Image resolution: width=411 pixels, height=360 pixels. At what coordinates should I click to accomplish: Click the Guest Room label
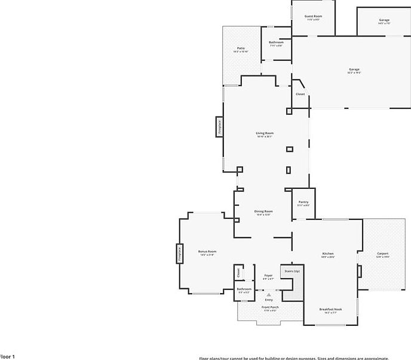click(x=314, y=16)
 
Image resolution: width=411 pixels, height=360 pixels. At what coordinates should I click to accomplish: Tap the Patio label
click(x=241, y=48)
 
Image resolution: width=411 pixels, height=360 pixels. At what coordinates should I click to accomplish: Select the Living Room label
click(x=264, y=133)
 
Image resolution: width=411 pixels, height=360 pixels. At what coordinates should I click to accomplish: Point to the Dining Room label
click(x=263, y=211)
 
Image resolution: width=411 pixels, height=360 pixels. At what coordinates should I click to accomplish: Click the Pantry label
click(x=303, y=202)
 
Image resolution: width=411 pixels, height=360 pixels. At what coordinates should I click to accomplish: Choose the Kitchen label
click(x=328, y=254)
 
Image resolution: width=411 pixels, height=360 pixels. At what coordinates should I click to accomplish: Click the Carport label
click(x=382, y=254)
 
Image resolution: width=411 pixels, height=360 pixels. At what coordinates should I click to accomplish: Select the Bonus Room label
click(x=207, y=252)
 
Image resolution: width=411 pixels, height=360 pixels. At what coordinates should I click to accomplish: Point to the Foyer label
click(x=269, y=276)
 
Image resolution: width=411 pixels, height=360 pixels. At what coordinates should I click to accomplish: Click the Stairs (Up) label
click(x=292, y=271)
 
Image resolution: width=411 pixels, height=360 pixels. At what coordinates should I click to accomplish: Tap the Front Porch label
click(x=270, y=307)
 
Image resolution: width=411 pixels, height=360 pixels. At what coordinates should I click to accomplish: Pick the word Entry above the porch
click(x=269, y=300)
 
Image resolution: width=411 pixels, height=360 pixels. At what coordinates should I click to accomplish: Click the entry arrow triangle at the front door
click(x=269, y=295)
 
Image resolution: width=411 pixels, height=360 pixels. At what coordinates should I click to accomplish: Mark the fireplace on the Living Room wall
click(x=219, y=127)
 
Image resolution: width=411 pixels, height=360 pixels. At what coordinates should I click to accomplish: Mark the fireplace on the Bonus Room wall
click(x=179, y=253)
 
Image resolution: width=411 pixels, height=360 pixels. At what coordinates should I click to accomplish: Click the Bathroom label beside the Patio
click(x=276, y=42)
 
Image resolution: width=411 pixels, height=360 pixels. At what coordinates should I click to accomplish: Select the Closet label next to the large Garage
click(x=300, y=94)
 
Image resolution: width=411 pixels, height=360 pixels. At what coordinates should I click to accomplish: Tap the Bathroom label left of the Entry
click(x=244, y=289)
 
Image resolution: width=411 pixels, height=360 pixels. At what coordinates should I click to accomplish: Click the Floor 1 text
click(x=7, y=356)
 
